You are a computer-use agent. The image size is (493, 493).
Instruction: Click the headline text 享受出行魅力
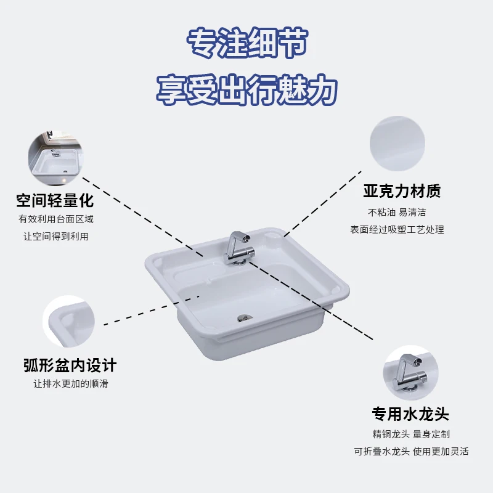246,89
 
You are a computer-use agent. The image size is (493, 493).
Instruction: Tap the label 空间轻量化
55,200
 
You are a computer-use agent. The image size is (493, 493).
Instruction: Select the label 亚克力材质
402,191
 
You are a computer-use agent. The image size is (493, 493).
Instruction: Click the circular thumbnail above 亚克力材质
397,144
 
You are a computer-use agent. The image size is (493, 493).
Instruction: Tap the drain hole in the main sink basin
245,318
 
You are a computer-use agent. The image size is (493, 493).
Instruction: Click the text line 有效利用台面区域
55,219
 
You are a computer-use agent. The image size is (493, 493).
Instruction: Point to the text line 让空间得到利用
55,237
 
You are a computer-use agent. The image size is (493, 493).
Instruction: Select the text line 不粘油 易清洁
397,212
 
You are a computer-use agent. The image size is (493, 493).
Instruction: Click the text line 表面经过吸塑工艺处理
397,229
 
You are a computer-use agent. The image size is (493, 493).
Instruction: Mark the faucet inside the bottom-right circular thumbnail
408,370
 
